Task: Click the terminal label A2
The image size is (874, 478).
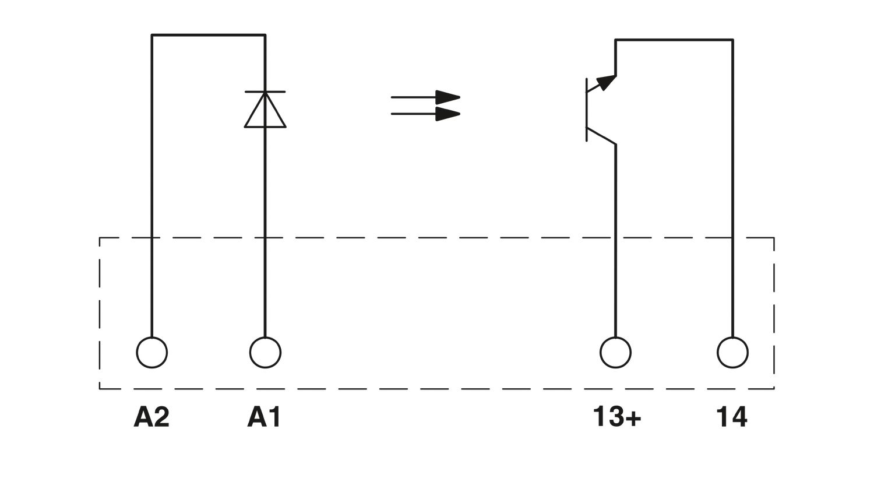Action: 151,417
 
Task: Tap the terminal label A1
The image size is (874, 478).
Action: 264,417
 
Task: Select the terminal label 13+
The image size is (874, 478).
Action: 616,417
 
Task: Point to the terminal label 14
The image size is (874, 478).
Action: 732,417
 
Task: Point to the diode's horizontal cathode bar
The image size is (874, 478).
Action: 265,92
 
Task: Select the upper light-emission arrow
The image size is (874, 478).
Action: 425,97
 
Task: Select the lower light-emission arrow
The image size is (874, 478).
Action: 425,114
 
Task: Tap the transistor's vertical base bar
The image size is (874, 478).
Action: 586,110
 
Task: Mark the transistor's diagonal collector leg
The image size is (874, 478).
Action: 601,136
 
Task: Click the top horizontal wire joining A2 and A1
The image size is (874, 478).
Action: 209,35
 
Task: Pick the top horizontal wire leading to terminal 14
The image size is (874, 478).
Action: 674,40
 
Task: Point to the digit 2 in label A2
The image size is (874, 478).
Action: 161,417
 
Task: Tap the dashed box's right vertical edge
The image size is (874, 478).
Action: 774,313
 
